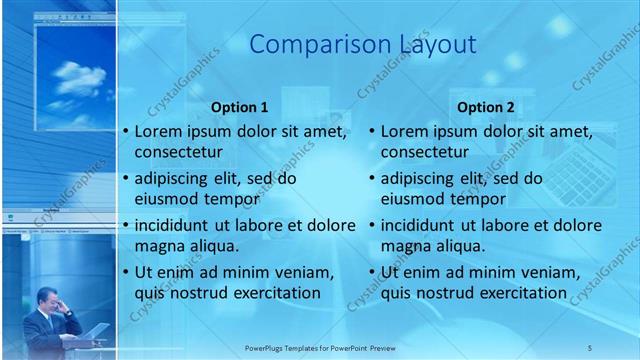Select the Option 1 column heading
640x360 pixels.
pos(240,107)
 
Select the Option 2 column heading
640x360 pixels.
pos(486,107)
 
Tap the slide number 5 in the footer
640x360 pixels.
pos(590,347)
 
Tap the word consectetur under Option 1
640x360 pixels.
pos(179,152)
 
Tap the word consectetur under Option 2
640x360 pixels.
pos(425,152)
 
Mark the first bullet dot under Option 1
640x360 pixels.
pos(125,132)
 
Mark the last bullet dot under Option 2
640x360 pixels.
pos(371,272)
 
